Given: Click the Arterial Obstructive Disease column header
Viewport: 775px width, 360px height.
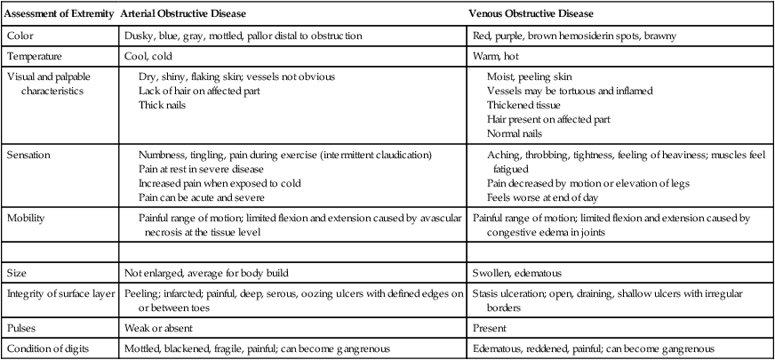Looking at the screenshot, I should click(183, 15).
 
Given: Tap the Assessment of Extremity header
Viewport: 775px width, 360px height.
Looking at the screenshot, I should click(59, 15).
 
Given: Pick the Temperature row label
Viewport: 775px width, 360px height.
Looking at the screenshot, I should click(34, 56).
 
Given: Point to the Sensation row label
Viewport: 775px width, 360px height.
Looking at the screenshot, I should click(28, 155).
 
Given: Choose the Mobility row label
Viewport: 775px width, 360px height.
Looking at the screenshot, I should click(25, 218).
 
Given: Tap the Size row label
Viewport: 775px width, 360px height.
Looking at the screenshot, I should click(17, 274).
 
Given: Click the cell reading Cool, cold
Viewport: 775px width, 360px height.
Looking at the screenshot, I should click(147, 56).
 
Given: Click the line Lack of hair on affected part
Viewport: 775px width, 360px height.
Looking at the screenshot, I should click(196, 91).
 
